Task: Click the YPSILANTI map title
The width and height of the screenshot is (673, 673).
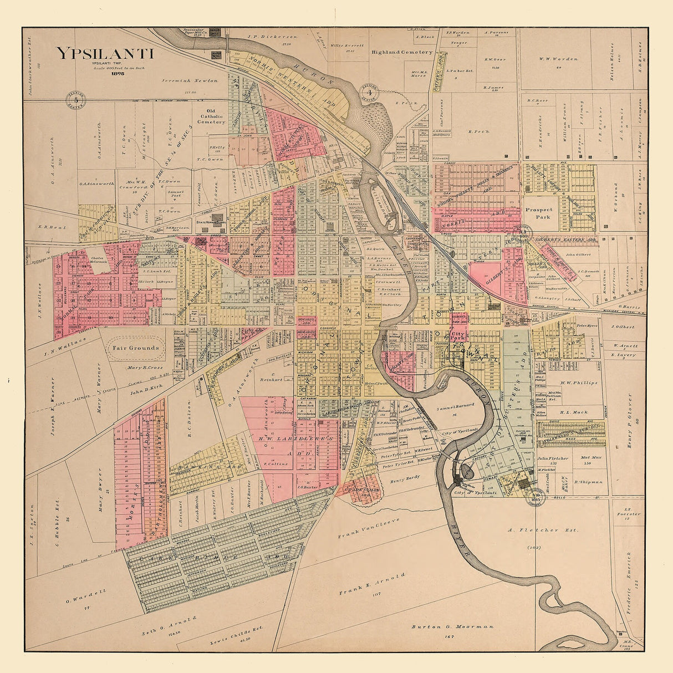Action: tap(104, 54)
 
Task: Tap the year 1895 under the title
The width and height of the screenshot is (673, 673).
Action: tap(117, 73)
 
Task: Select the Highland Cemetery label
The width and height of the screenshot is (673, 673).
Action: tap(402, 52)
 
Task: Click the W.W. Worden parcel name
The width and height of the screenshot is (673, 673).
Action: tap(558, 59)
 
